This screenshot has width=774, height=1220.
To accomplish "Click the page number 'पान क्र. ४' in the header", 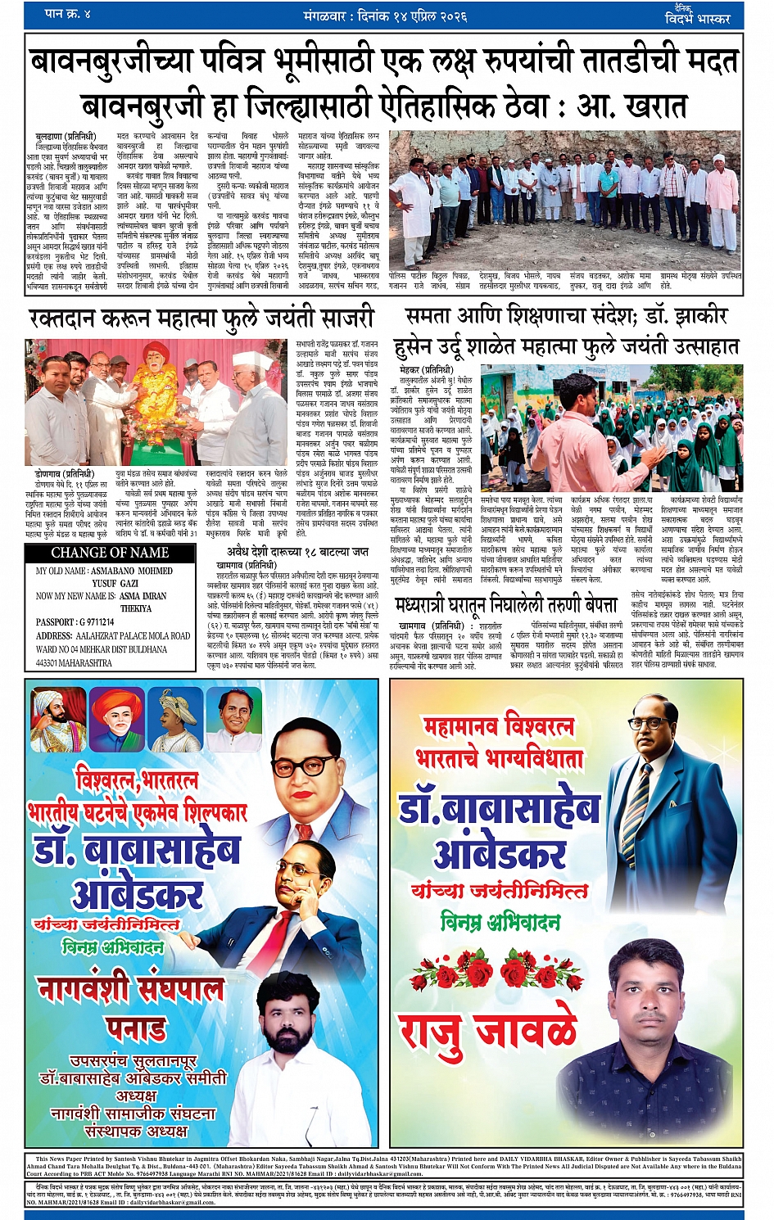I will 69,14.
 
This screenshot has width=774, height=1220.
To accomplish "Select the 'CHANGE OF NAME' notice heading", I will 110,553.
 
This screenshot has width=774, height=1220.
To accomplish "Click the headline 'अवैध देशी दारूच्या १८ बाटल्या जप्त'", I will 297,552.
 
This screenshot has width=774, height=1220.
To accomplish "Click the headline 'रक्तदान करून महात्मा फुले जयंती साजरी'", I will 201,318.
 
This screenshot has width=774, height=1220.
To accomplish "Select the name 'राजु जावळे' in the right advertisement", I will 487,1030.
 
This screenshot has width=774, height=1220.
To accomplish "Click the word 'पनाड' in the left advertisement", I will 136,1028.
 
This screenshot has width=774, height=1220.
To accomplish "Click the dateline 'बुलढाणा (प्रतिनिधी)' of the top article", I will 66,137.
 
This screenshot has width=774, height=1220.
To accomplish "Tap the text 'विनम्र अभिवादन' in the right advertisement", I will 500,921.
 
